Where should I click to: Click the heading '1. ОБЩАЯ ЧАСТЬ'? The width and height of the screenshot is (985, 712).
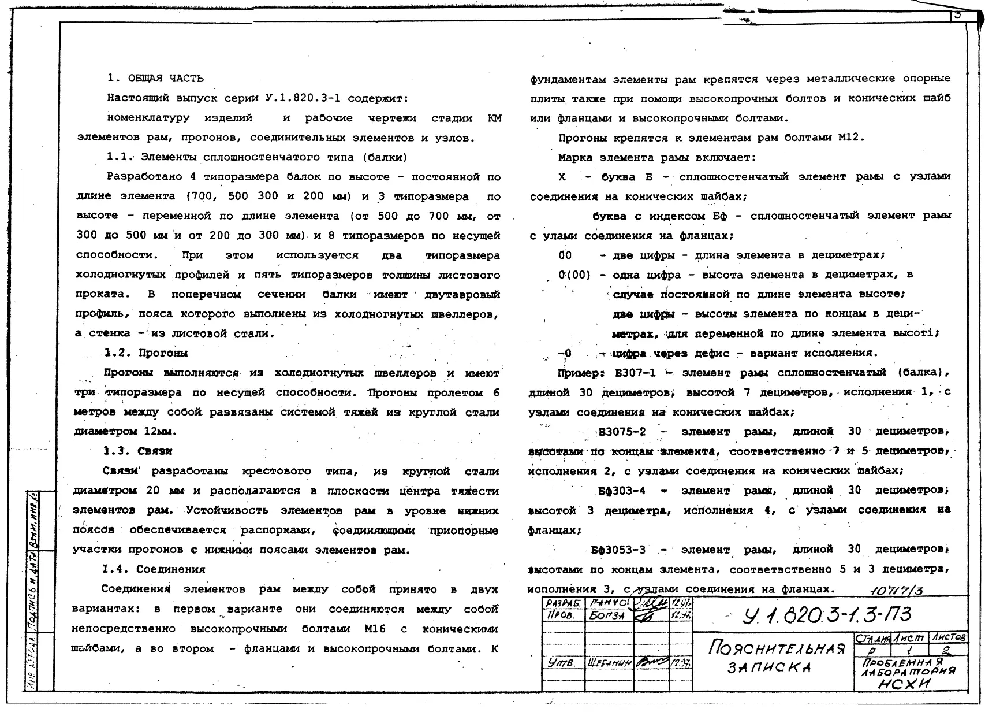pos(155,79)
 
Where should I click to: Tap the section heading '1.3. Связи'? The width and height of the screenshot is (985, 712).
pos(137,451)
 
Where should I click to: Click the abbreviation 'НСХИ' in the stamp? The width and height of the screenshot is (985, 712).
pos(903,684)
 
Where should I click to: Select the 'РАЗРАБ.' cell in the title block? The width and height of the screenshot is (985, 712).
pos(562,603)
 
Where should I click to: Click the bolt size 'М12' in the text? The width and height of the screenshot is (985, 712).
pos(850,138)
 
